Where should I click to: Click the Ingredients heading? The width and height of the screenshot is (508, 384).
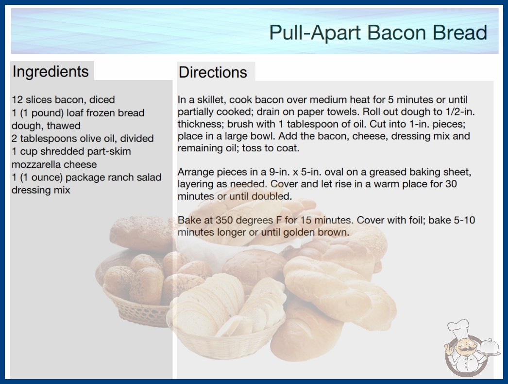[x=51, y=71]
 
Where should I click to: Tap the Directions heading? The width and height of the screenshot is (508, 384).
[x=213, y=72]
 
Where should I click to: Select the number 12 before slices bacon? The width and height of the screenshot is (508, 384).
[x=17, y=99]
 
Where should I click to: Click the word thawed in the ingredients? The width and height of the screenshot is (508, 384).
[x=64, y=126]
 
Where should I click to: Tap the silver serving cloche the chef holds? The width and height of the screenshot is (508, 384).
[x=489, y=347]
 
